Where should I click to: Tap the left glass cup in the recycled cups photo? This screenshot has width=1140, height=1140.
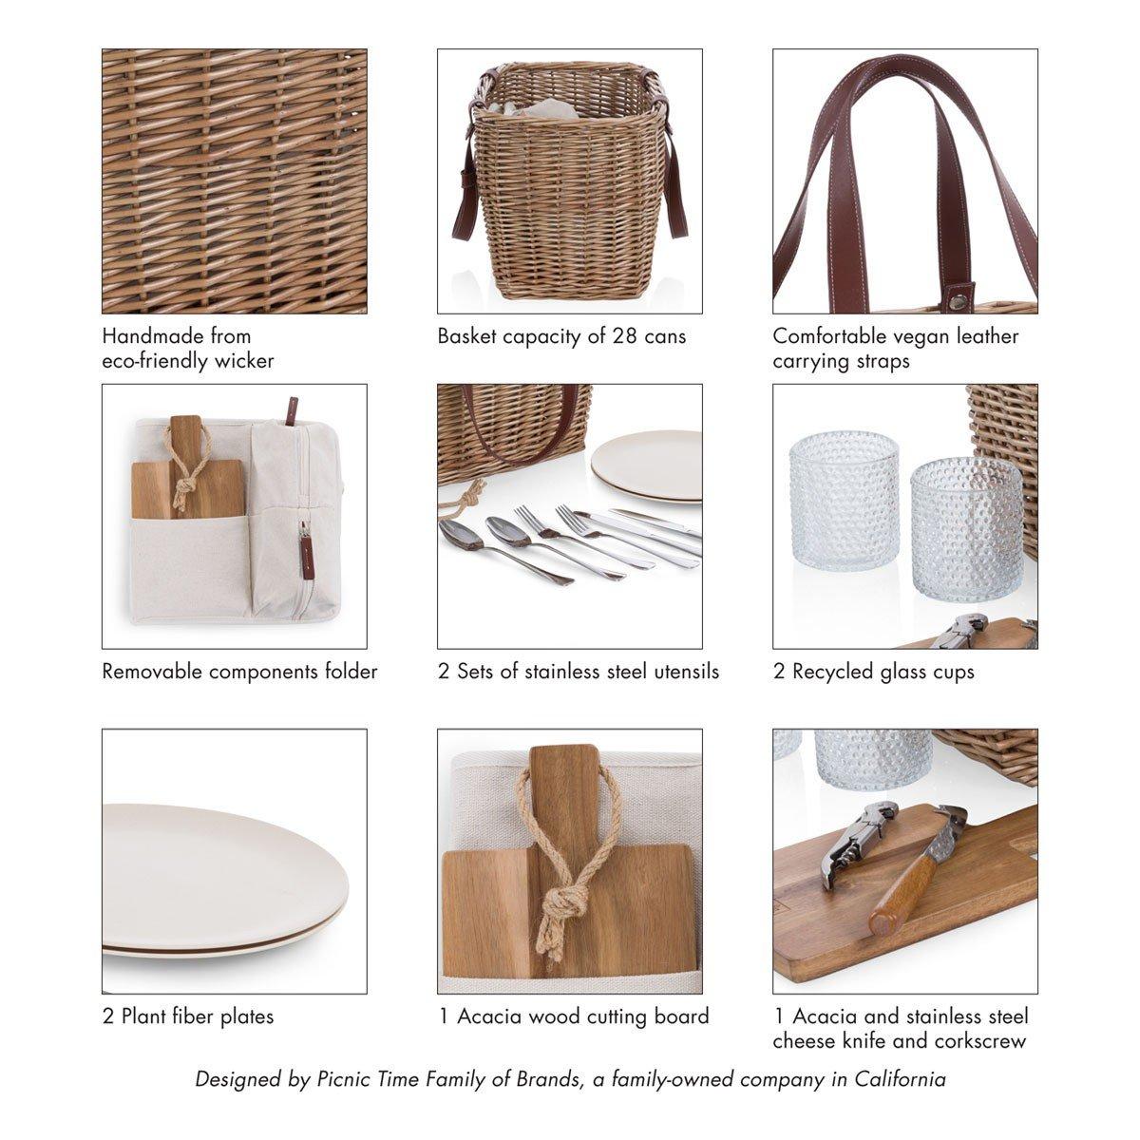coord(844,501)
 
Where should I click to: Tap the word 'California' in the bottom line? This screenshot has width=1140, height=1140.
coord(900,1079)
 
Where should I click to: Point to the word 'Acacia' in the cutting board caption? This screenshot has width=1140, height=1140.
coord(490,1016)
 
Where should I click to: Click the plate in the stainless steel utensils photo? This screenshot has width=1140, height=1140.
coord(647,466)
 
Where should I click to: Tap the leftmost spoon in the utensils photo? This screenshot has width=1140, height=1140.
coord(503,551)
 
